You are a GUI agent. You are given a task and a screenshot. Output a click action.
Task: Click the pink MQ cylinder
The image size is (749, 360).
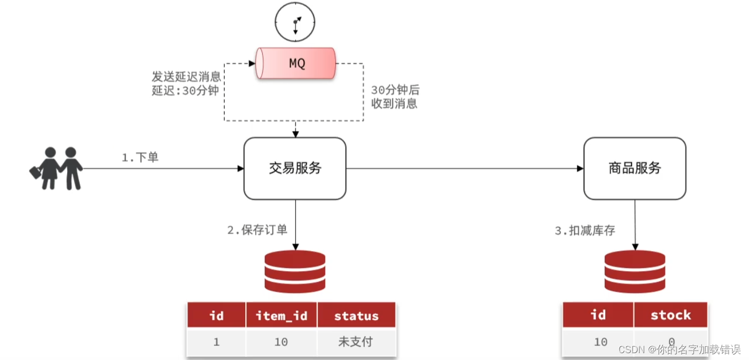pyautogui.click(x=296, y=63)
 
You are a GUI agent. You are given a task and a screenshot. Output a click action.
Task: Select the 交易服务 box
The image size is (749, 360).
pyautogui.click(x=295, y=169)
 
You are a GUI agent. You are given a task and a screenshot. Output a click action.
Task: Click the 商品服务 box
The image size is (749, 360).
pyautogui.click(x=634, y=169)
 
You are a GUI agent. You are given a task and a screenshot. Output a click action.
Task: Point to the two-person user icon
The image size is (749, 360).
pyautogui.click(x=56, y=168)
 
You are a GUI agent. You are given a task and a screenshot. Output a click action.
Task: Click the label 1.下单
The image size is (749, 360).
pyautogui.click(x=140, y=158)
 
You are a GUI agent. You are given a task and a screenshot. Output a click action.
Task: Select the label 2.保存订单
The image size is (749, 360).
pyautogui.click(x=257, y=230)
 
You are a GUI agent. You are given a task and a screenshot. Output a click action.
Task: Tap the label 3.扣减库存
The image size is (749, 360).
pyautogui.click(x=585, y=230)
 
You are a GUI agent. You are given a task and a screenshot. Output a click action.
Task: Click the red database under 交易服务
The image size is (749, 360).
pyautogui.click(x=295, y=272)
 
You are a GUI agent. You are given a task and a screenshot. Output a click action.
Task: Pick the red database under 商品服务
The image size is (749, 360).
pyautogui.click(x=635, y=272)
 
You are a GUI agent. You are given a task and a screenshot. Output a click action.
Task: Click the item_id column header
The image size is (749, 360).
pyautogui.click(x=281, y=316)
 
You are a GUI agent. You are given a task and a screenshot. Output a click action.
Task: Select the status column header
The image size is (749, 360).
pyautogui.click(x=356, y=316)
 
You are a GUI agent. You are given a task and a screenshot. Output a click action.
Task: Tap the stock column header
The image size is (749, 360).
pyautogui.click(x=670, y=315)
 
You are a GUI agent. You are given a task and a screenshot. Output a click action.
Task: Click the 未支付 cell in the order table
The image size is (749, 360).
pyautogui.click(x=356, y=342)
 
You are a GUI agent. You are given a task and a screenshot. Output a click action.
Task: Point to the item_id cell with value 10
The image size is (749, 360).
pyautogui.click(x=281, y=342)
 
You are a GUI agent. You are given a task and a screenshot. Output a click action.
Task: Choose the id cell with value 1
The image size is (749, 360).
pyautogui.click(x=216, y=342)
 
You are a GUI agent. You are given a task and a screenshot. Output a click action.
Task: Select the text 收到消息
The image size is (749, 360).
pyautogui.click(x=394, y=104)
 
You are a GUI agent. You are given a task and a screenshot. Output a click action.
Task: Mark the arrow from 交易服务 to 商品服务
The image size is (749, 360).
pyautogui.click(x=465, y=169)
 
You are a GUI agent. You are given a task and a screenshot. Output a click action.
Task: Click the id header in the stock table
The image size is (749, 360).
pyautogui.click(x=598, y=315)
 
